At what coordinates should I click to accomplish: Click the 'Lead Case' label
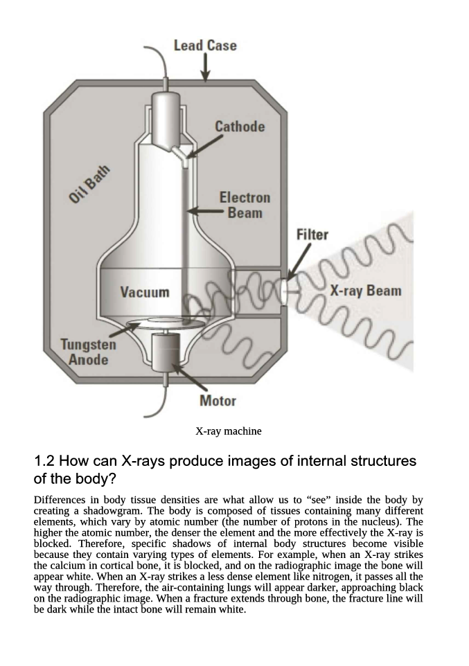coord(205,46)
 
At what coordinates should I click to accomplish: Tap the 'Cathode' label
coord(240,127)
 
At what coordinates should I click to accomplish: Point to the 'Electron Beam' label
coord(245,205)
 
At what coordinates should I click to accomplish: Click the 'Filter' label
coord(312,235)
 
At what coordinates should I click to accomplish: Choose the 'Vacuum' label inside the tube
coord(145,292)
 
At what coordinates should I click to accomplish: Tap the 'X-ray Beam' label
coord(366,291)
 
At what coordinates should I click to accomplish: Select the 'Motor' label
coord(218,400)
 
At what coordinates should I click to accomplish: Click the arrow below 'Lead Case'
coord(206,68)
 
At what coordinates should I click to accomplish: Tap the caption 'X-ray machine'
coord(229,431)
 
